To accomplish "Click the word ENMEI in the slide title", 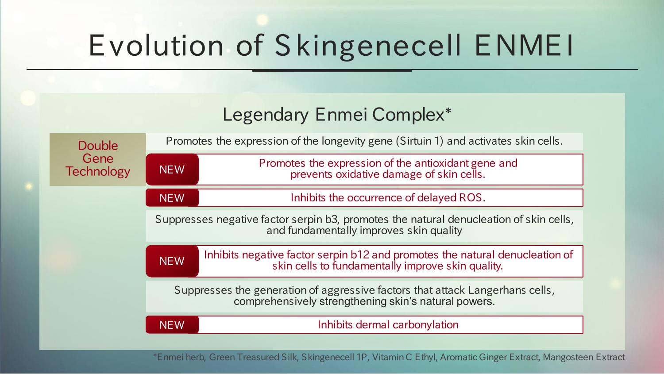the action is tap(524, 46).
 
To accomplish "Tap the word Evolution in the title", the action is tap(156, 45).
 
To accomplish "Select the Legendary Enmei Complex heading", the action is tap(337, 114).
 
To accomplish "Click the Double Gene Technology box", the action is tap(97, 159).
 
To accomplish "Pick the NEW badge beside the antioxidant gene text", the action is tap(172, 170).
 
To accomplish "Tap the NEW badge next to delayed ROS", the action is tap(172, 198).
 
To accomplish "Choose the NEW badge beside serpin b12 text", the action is tap(172, 261).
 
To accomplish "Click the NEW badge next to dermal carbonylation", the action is tap(172, 325).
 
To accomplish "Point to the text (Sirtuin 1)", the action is tap(420, 141).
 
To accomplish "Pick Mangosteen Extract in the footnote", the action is tap(584, 358).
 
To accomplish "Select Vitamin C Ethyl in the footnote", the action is tap(404, 358).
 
